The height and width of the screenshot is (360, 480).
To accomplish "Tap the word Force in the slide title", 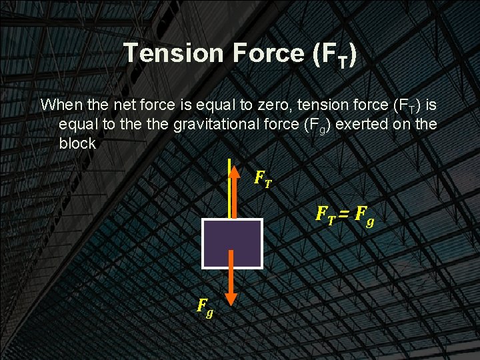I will click(269, 54).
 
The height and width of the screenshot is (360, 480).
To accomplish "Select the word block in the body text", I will click(77, 143).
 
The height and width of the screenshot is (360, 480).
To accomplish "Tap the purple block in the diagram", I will click(233, 243).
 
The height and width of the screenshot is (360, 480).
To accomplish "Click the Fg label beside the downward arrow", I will click(205, 307).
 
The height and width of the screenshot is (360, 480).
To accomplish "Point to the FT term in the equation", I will click(325, 215).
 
